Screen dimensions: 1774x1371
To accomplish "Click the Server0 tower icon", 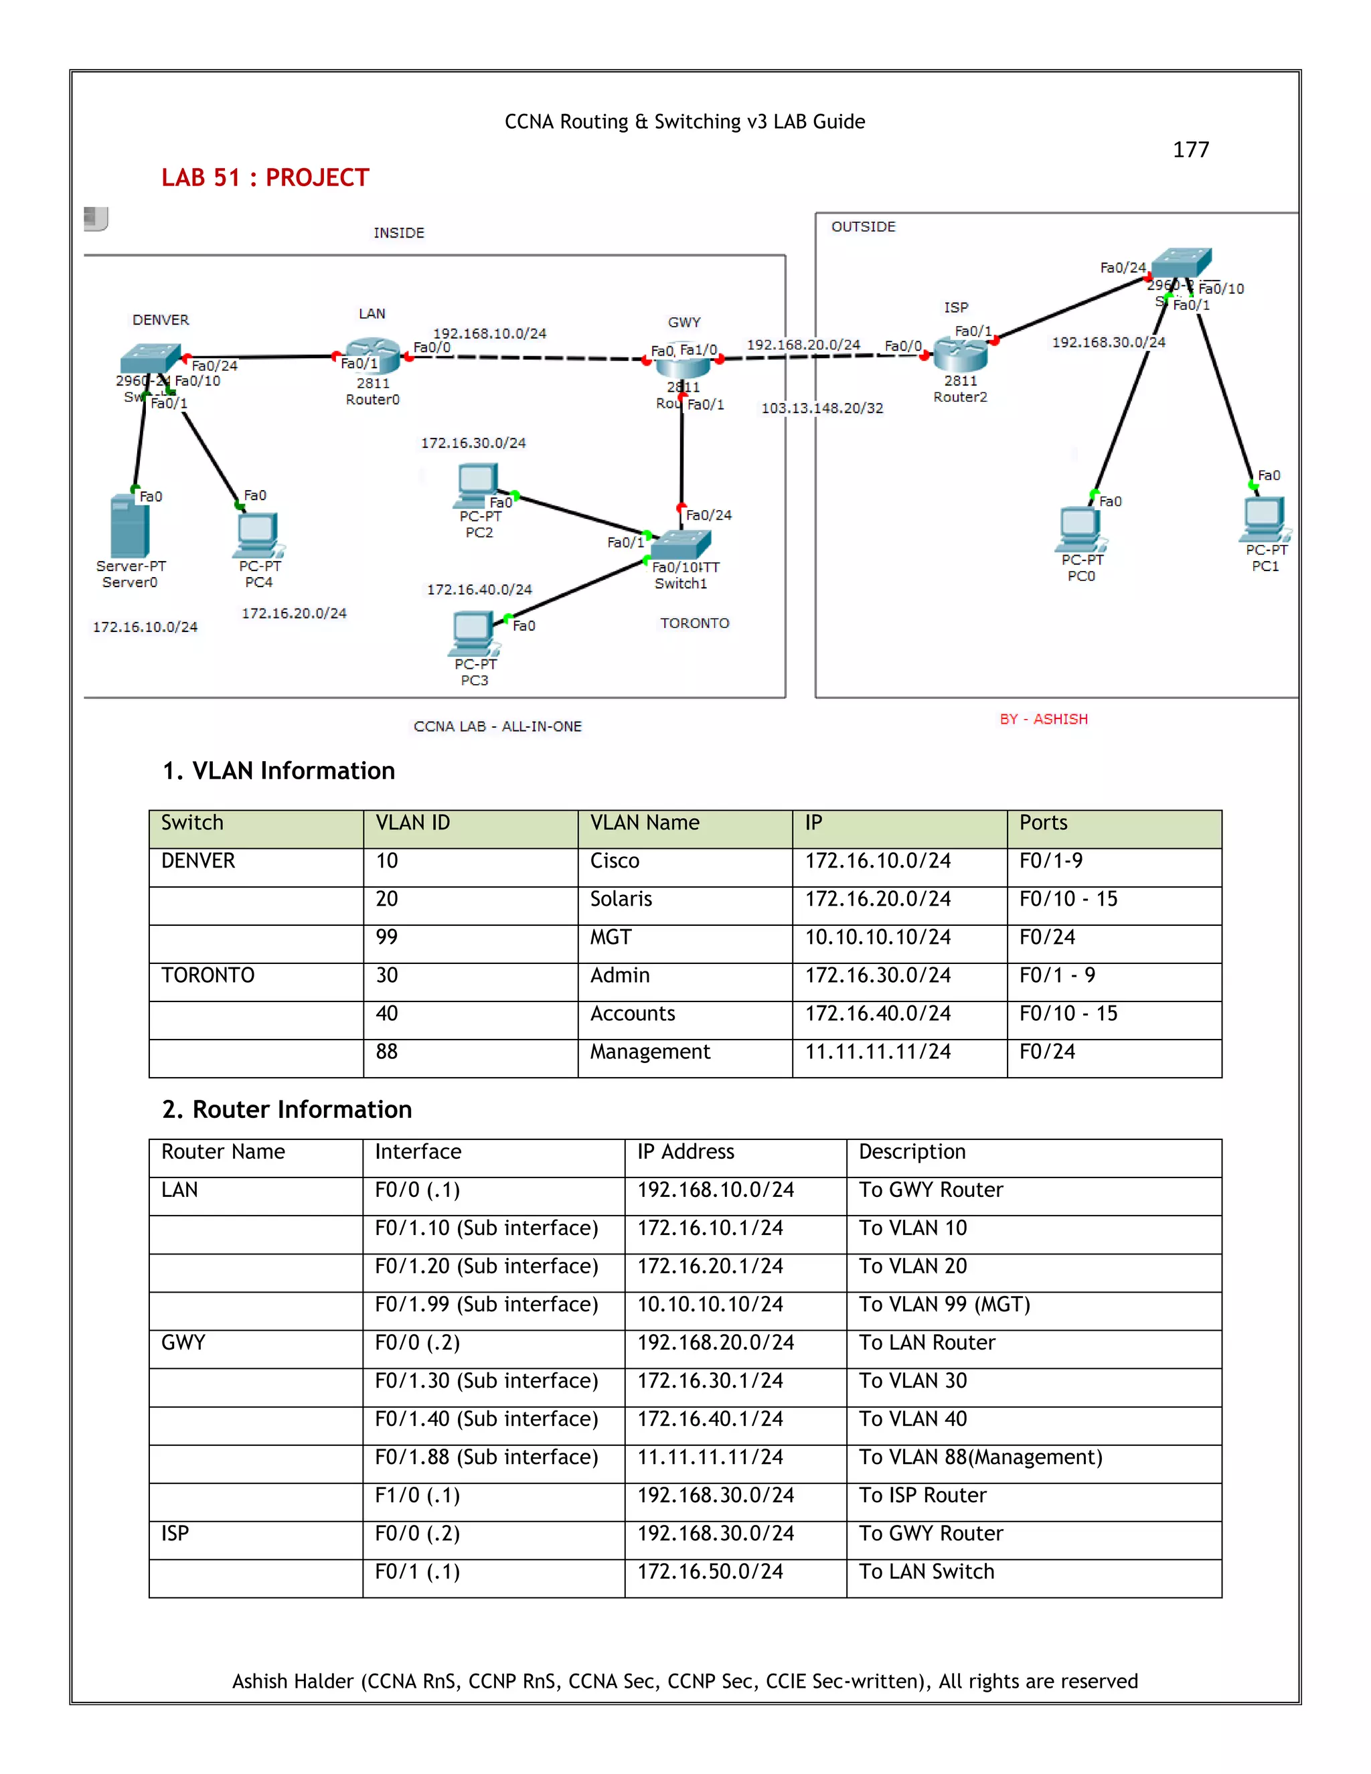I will click(x=129, y=526).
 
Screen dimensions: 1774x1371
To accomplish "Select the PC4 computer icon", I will click(x=258, y=534).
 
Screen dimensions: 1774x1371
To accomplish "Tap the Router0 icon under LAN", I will click(x=372, y=354).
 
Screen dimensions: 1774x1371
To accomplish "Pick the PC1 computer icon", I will click(x=1264, y=518).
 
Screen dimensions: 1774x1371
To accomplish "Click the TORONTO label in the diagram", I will click(x=694, y=623).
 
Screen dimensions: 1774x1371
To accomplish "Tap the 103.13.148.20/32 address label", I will click(x=822, y=408).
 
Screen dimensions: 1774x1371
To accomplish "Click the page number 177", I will click(x=1191, y=149).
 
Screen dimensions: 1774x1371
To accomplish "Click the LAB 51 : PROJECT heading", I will click(x=265, y=178).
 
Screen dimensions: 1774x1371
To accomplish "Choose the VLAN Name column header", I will click(x=644, y=823).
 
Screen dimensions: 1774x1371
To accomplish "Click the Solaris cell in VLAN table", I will click(x=621, y=899).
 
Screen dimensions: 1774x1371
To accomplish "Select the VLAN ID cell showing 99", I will click(x=387, y=937).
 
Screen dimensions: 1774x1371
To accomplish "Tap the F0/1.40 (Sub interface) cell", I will click(x=486, y=1419).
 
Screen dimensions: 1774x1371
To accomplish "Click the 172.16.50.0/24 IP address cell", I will click(x=710, y=1572).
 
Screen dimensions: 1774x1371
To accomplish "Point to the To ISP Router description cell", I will click(x=922, y=1496).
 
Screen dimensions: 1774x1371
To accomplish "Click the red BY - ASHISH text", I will click(x=1044, y=719).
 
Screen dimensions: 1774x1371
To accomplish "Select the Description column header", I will click(x=912, y=1152).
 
